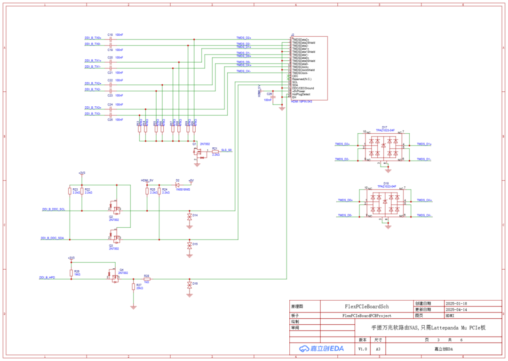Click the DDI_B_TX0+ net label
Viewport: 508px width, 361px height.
(93, 38)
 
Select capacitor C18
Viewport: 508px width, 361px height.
(110, 38)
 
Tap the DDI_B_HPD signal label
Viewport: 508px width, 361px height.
(47, 278)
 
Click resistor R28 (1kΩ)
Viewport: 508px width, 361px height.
(147, 279)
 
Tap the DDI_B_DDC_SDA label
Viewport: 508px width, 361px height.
(52, 238)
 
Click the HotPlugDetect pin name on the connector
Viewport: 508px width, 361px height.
(301, 94)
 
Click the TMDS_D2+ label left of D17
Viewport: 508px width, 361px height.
(342, 144)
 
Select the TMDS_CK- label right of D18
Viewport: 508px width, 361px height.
(424, 215)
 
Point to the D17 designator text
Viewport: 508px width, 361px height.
(385, 127)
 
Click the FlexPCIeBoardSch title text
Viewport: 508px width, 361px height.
(367, 305)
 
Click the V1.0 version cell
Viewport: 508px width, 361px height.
(363, 349)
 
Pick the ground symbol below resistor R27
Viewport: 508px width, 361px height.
(133, 307)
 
